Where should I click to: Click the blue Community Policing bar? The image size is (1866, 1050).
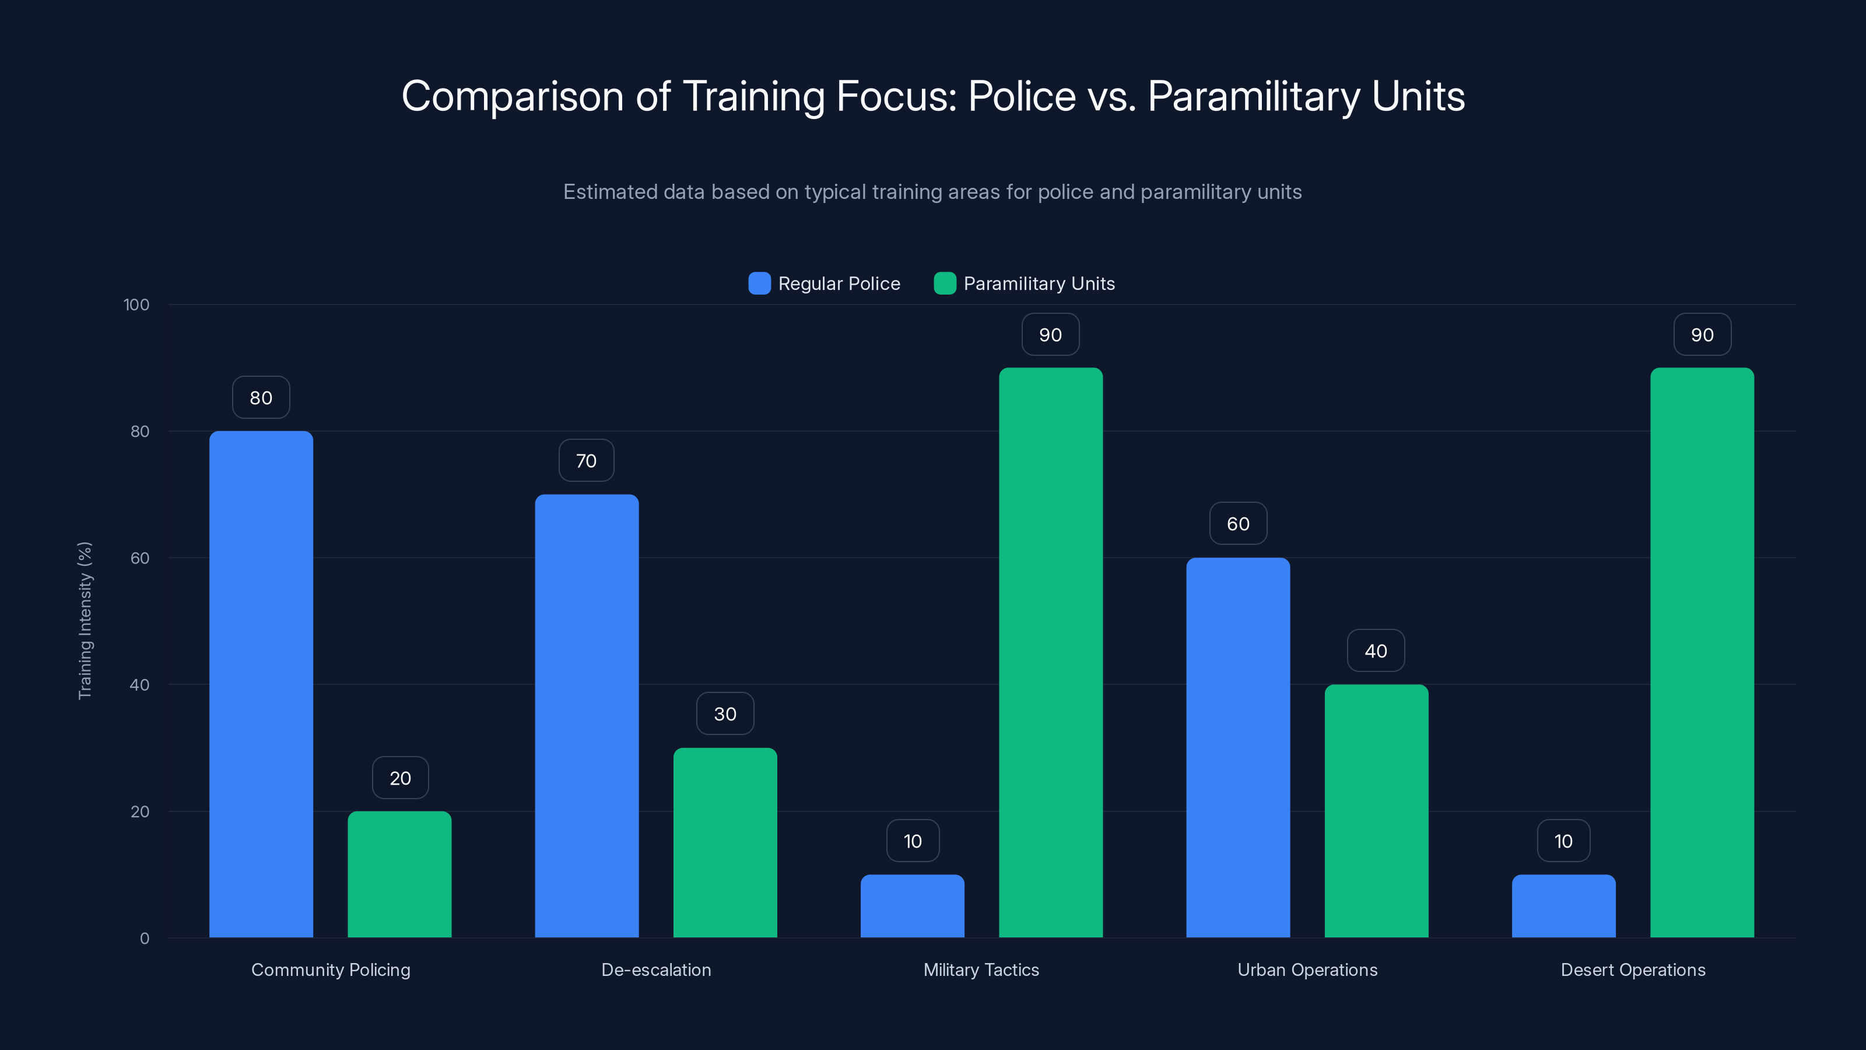(261, 684)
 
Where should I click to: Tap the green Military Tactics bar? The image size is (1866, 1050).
(1050, 652)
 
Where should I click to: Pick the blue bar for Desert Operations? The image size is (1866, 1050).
(1563, 906)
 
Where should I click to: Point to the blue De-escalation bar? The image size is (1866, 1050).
(587, 716)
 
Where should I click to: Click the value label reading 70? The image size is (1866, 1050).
(586, 461)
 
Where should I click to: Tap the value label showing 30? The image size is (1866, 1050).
(725, 714)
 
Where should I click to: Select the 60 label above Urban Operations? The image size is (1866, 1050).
(1238, 524)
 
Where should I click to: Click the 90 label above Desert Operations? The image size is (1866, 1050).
(1702, 335)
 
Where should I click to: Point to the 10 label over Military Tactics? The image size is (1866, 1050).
(913, 841)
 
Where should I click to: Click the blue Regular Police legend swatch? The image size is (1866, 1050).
(759, 283)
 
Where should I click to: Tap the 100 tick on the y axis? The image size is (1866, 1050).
(136, 304)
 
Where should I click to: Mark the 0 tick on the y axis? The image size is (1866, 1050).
(144, 939)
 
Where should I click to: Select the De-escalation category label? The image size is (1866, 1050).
(656, 970)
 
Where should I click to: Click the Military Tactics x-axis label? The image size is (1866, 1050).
(981, 970)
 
